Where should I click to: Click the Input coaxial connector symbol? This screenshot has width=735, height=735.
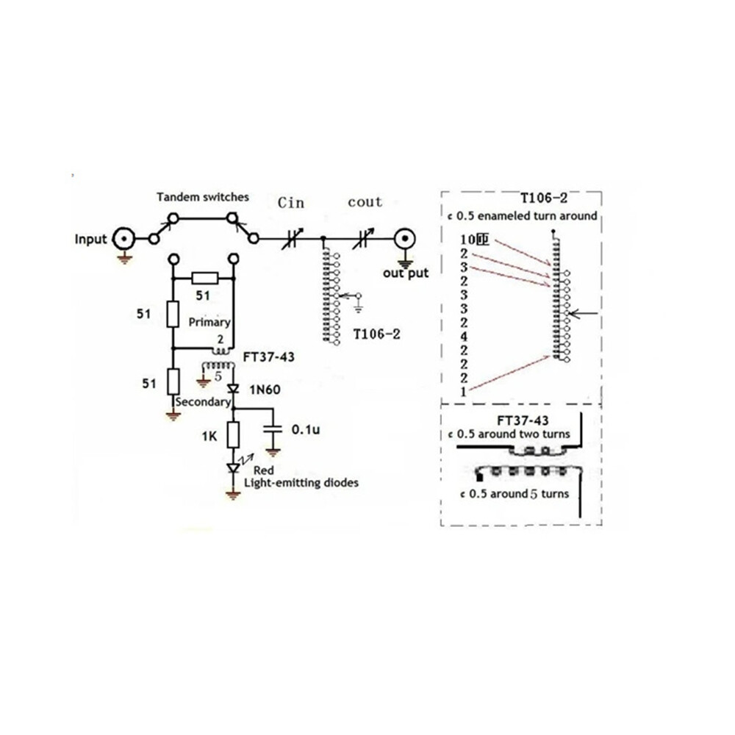(123, 239)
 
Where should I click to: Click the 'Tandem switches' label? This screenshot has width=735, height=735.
(203, 197)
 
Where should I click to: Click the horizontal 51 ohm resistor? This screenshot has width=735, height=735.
(204, 278)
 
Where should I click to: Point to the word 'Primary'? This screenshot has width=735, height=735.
(209, 322)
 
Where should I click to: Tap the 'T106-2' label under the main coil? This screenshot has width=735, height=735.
(376, 334)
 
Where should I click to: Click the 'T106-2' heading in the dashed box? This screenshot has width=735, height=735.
(544, 198)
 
